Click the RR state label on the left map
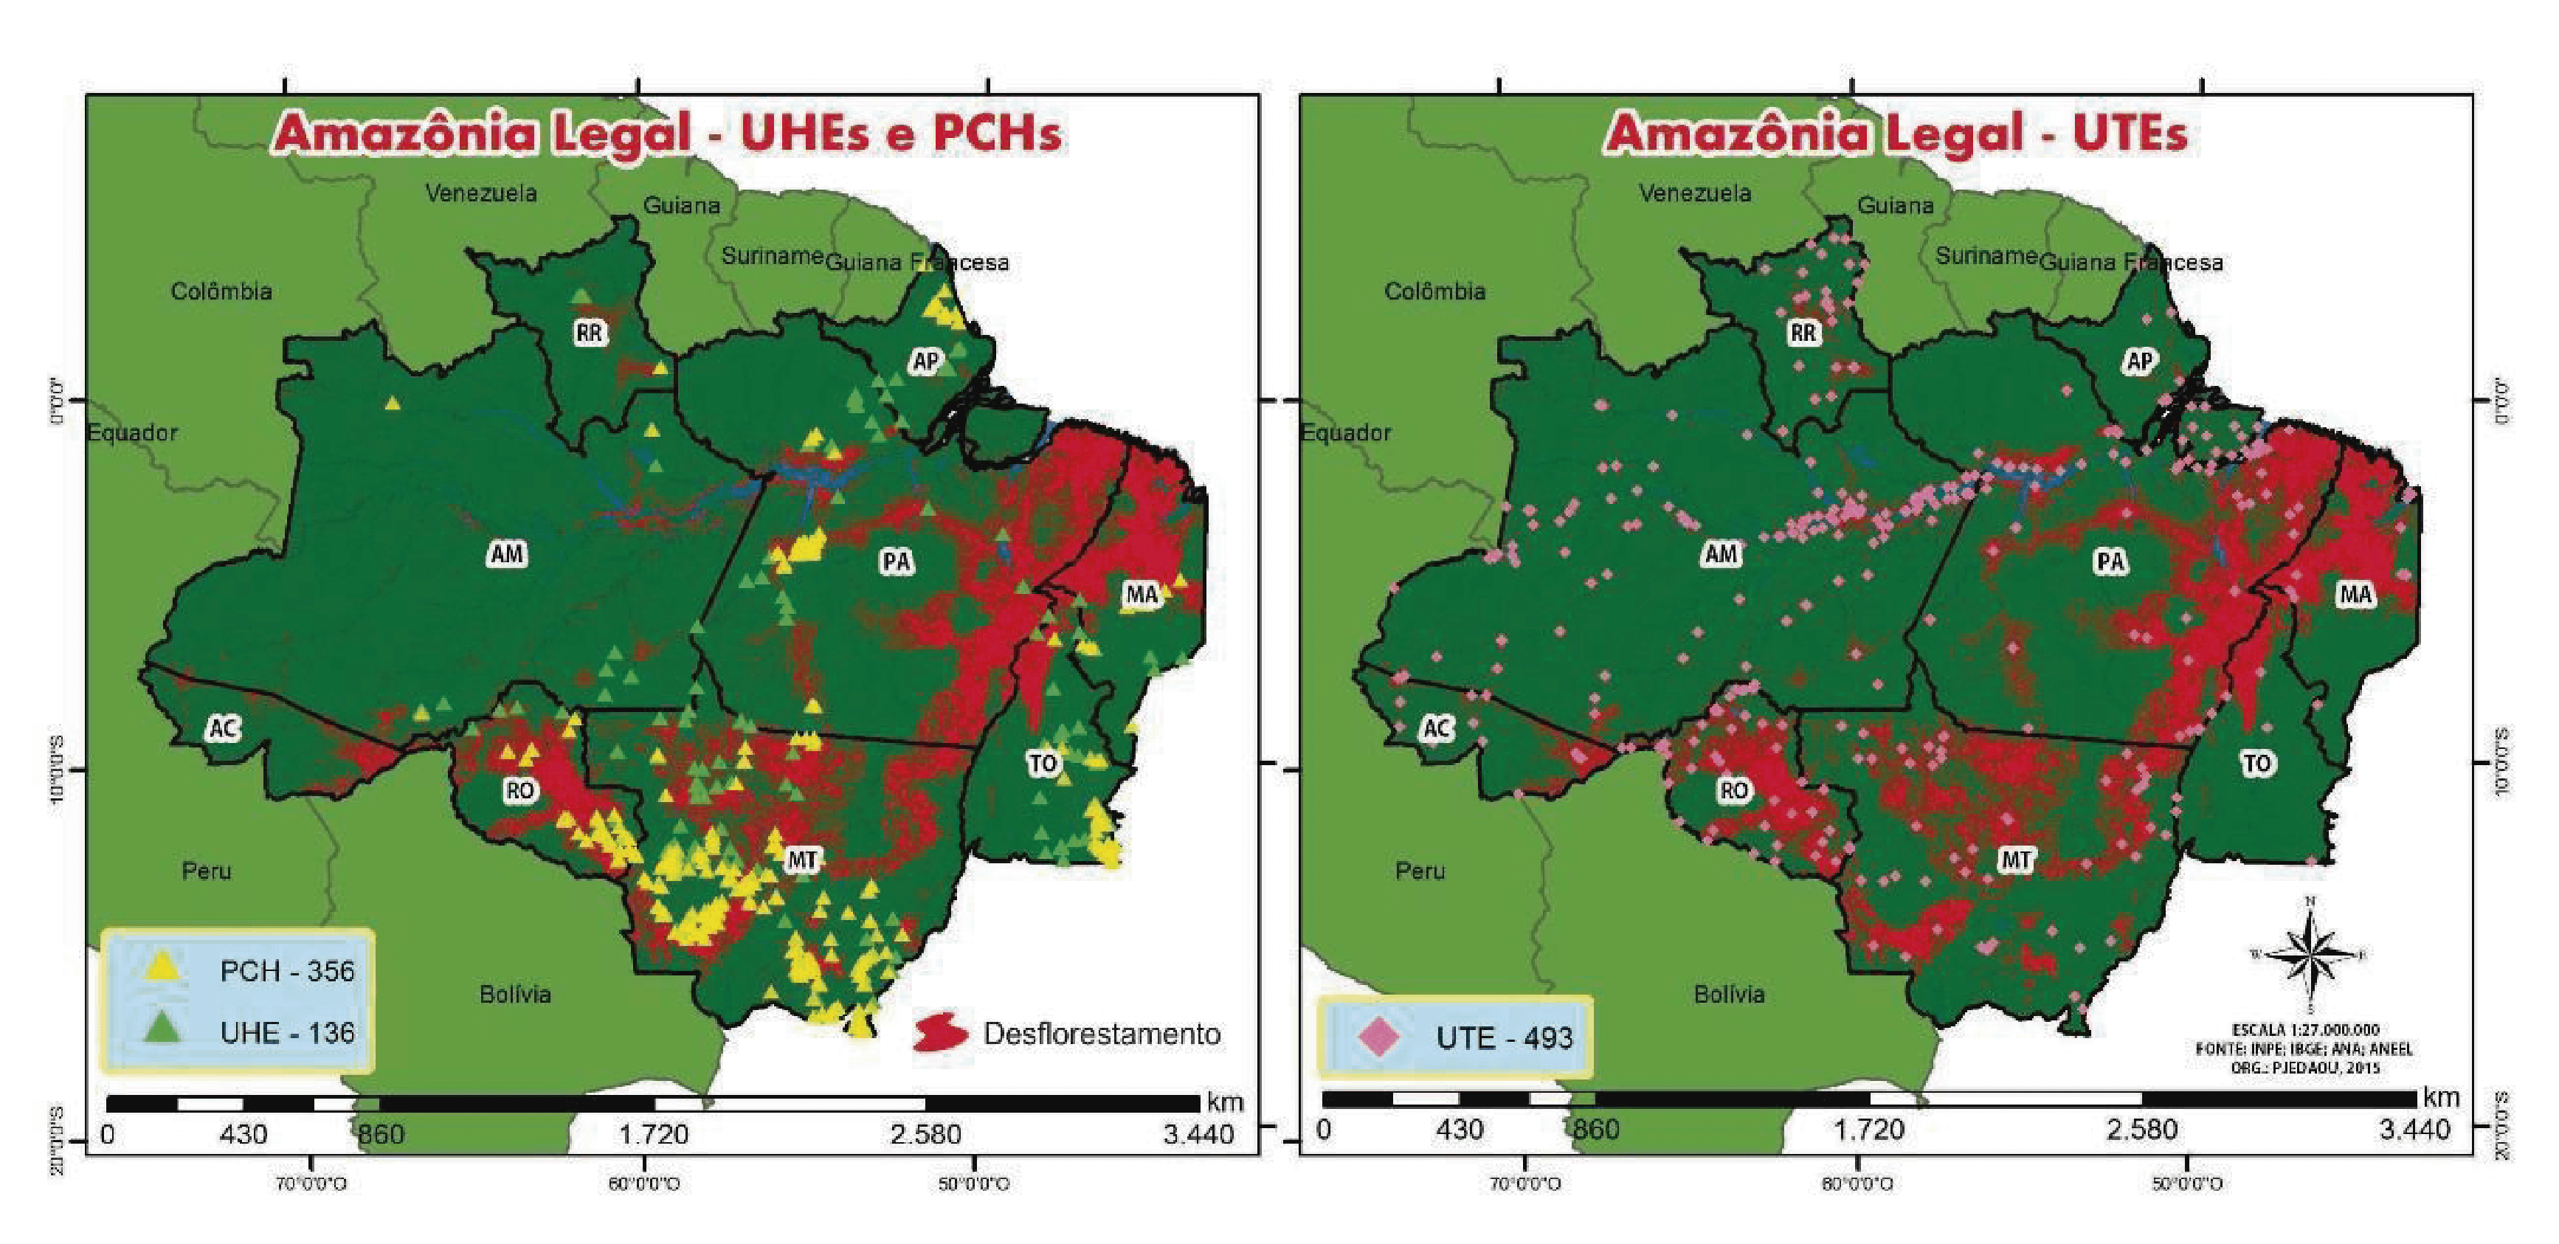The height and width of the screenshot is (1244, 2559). [x=589, y=333]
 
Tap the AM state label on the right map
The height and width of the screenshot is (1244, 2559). [x=1721, y=553]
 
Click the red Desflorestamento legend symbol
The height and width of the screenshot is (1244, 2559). [x=939, y=1034]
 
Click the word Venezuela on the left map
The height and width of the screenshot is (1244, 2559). [x=481, y=193]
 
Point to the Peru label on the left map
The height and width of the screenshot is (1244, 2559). [x=206, y=871]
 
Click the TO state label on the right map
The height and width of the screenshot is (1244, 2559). [x=2257, y=763]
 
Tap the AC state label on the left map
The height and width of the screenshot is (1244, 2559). [x=223, y=728]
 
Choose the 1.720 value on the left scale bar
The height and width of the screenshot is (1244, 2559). [x=654, y=1134]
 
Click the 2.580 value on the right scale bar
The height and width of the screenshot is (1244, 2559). [x=2141, y=1130]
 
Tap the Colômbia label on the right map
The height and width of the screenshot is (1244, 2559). [x=1434, y=291]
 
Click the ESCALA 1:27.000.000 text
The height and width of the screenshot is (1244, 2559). [x=2304, y=1030]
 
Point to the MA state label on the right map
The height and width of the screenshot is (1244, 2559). [x=2356, y=594]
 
